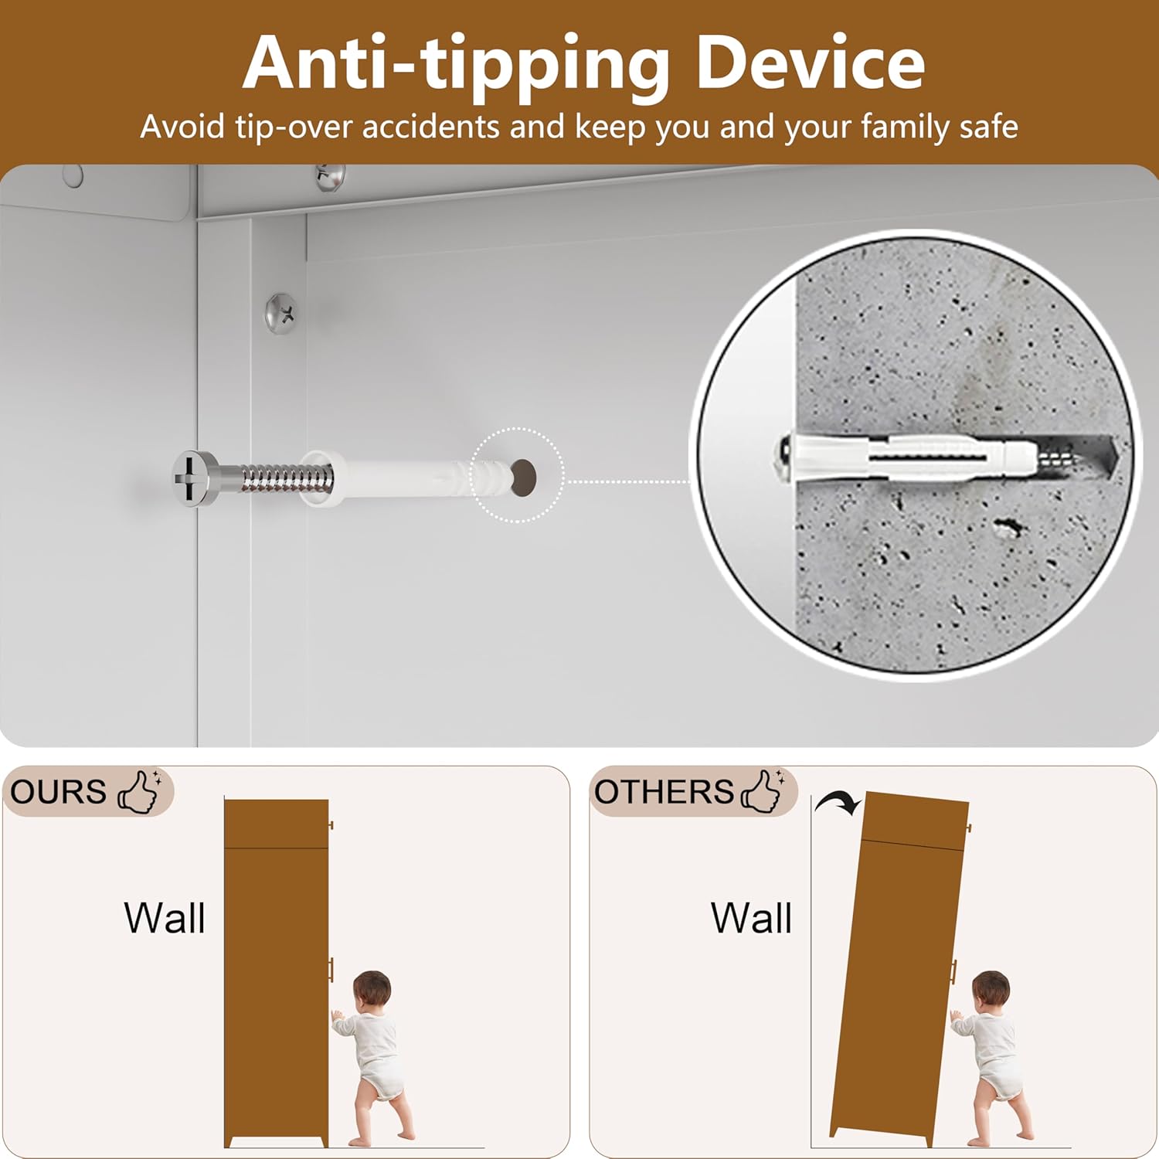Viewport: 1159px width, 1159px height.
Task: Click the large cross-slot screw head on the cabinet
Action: click(193, 479)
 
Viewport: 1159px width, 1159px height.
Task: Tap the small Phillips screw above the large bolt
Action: click(281, 313)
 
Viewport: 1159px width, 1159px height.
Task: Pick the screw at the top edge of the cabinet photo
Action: click(330, 177)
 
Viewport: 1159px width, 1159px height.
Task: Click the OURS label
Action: click(58, 792)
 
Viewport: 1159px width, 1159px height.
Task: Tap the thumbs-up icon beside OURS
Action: click(139, 791)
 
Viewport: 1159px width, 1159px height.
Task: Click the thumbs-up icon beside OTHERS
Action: click(762, 791)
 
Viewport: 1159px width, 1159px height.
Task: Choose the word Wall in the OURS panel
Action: click(165, 918)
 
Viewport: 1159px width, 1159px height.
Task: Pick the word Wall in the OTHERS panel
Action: click(752, 918)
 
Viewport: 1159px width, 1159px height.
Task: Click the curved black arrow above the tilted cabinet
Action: click(838, 804)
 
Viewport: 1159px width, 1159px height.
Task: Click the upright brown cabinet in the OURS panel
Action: click(277, 974)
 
